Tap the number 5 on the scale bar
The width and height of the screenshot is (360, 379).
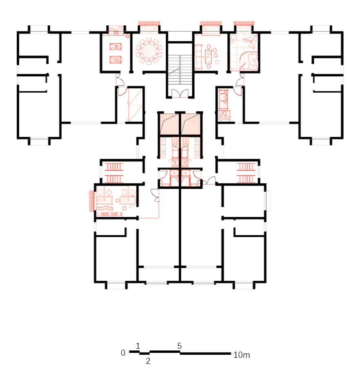click(180, 346)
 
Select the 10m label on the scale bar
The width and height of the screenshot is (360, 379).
click(242, 355)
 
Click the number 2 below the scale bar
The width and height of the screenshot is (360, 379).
click(148, 361)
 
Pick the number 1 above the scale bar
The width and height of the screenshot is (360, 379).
click(138, 346)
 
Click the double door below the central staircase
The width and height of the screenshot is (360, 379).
click(180, 93)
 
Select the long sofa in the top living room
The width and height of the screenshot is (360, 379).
click(199, 56)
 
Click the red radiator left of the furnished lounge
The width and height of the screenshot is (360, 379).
click(91, 200)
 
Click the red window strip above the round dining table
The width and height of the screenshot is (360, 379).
click(149, 23)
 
